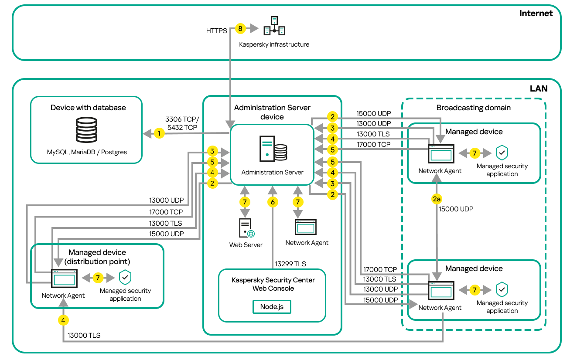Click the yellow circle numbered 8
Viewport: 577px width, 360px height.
pyautogui.click(x=240, y=29)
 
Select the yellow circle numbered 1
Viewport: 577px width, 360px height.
pyautogui.click(x=160, y=133)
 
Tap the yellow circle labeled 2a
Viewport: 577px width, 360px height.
pyautogui.click(x=437, y=199)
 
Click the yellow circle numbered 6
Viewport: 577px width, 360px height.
pyautogui.click(x=273, y=202)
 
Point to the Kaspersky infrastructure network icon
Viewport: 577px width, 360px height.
pyautogui.click(x=274, y=27)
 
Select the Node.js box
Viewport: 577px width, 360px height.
pyautogui.click(x=272, y=306)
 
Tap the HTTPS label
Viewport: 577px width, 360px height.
pyautogui.click(x=216, y=31)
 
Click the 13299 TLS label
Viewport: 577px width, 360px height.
pyautogui.click(x=290, y=264)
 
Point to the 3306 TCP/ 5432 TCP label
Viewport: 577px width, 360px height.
pyautogui.click(x=182, y=123)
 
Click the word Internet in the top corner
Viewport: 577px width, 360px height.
pyautogui.click(x=536, y=13)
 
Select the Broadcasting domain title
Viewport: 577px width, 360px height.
pyautogui.click(x=473, y=108)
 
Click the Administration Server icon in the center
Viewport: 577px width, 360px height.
pyautogui.click(x=273, y=149)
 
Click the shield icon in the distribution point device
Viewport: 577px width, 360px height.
pyautogui.click(x=125, y=277)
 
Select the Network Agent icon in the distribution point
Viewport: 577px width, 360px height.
pyautogui.click(x=64, y=278)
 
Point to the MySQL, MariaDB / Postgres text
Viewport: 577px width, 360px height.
pyautogui.click(x=88, y=153)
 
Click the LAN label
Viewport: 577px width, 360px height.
pyautogui.click(x=538, y=88)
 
